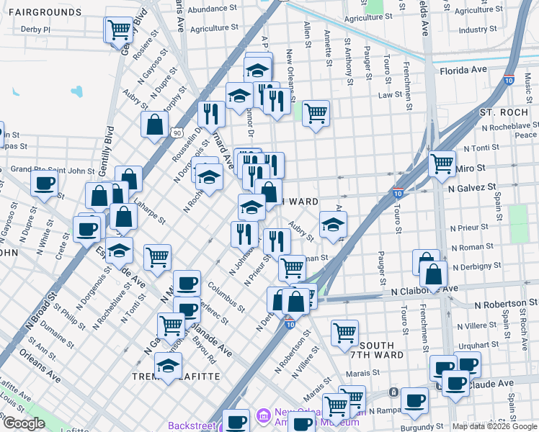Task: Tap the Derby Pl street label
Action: coord(36,30)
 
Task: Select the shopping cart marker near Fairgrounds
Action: coord(118,30)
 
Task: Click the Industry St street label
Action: coord(473,30)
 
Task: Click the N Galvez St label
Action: coord(473,186)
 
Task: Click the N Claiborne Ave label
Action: coord(424,289)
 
